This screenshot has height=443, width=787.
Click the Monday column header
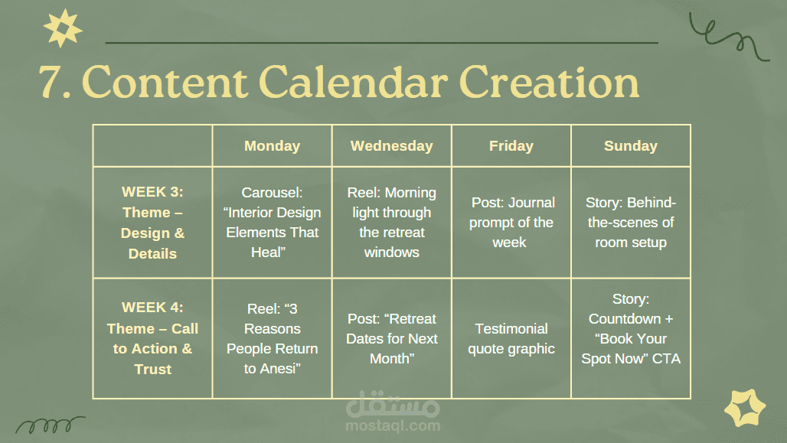(x=272, y=146)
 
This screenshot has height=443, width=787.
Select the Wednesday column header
(x=391, y=146)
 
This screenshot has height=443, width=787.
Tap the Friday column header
(x=511, y=146)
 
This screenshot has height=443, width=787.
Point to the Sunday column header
(x=630, y=146)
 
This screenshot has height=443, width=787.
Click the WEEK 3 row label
(x=152, y=222)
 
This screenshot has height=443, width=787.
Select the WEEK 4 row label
(x=152, y=338)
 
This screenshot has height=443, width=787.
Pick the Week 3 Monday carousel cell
(x=272, y=222)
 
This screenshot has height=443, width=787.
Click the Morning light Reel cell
(x=391, y=222)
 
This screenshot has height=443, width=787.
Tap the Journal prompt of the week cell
(x=511, y=222)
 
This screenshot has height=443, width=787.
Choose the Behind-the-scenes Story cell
(x=630, y=222)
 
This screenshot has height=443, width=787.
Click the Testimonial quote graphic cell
(x=511, y=339)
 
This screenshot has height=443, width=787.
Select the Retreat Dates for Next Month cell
(x=391, y=339)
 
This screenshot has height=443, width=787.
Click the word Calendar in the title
(x=353, y=81)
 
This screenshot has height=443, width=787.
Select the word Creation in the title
(x=549, y=81)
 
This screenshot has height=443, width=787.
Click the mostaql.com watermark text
(x=393, y=426)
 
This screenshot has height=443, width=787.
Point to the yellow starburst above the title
(x=63, y=28)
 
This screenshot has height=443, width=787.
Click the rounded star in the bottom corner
(x=745, y=407)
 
